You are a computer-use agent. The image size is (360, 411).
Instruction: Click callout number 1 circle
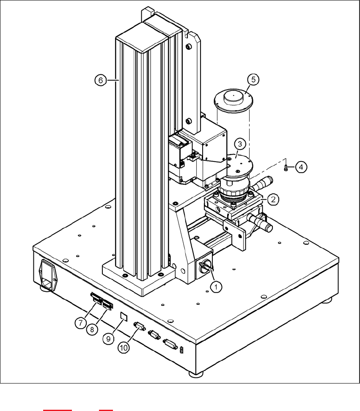pos(216,287)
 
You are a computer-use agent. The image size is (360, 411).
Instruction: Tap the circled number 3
pos(239,144)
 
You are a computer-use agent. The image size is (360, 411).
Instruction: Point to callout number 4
pos(301,168)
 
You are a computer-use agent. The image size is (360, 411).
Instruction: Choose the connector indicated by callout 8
pos(107,304)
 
